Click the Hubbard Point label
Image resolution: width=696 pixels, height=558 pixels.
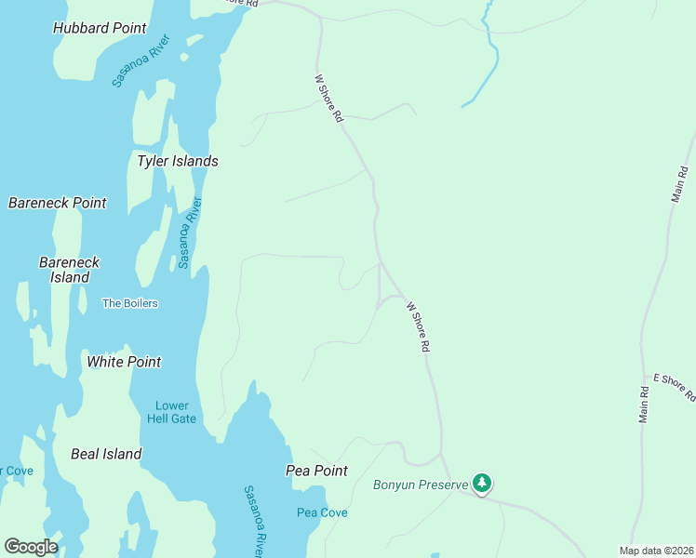coord(100,28)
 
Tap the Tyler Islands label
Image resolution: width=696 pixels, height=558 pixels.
coord(177,161)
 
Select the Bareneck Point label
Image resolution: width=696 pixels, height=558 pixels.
coord(57,203)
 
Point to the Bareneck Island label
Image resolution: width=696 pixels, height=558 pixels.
coord(69,270)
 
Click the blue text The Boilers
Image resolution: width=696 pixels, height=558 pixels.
coord(129,303)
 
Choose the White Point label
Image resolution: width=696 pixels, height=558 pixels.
coord(124,362)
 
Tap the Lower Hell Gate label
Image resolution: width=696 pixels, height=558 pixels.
coord(172,412)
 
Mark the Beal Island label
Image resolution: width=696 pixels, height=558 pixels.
coord(106,454)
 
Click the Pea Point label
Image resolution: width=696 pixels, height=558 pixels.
coord(316,471)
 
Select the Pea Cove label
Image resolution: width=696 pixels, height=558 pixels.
coord(322,512)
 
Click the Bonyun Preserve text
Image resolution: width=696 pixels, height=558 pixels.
coord(420,485)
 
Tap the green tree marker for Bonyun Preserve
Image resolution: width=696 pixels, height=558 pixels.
coord(481,483)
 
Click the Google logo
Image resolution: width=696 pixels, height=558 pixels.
coord(31,546)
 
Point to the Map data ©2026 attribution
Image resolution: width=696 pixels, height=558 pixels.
coord(656,551)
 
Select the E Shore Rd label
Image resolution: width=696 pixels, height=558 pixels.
coord(673,386)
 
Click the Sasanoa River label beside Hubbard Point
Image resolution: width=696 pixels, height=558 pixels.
coord(141,61)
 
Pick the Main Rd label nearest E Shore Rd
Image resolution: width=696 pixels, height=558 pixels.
coord(643,404)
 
